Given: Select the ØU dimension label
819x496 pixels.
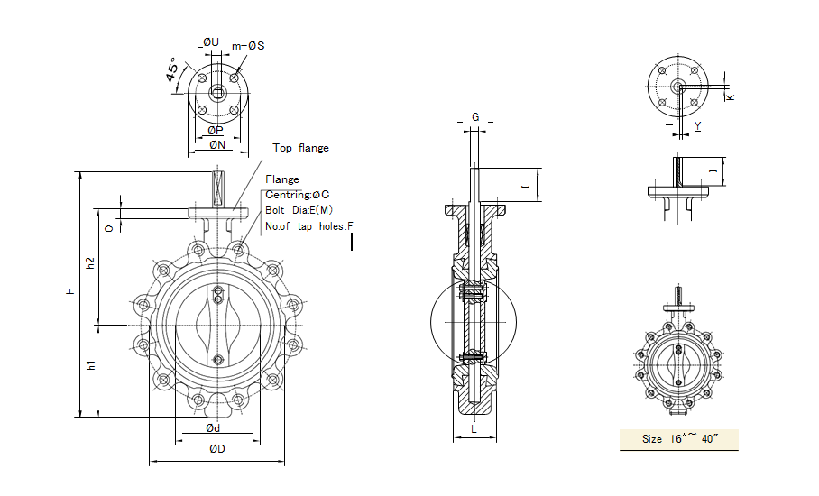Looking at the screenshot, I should (x=210, y=42).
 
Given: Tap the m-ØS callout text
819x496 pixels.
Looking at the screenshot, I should (x=248, y=46).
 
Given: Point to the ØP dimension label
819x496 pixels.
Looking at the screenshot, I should (x=216, y=130).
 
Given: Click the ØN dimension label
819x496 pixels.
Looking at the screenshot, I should (x=216, y=144).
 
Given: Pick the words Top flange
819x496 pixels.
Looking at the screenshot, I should (x=300, y=148).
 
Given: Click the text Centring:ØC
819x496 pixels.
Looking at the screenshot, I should (x=297, y=195).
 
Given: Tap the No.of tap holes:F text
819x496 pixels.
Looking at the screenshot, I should (x=309, y=226).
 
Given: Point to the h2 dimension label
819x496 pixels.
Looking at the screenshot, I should (x=90, y=263).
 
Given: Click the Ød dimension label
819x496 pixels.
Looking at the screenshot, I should (x=214, y=427).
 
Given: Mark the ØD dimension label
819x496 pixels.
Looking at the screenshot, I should (x=216, y=449).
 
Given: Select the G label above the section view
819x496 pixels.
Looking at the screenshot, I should (x=476, y=118).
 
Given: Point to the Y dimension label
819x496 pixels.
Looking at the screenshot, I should (x=697, y=126).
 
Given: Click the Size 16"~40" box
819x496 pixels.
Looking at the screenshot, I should (x=678, y=439).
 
